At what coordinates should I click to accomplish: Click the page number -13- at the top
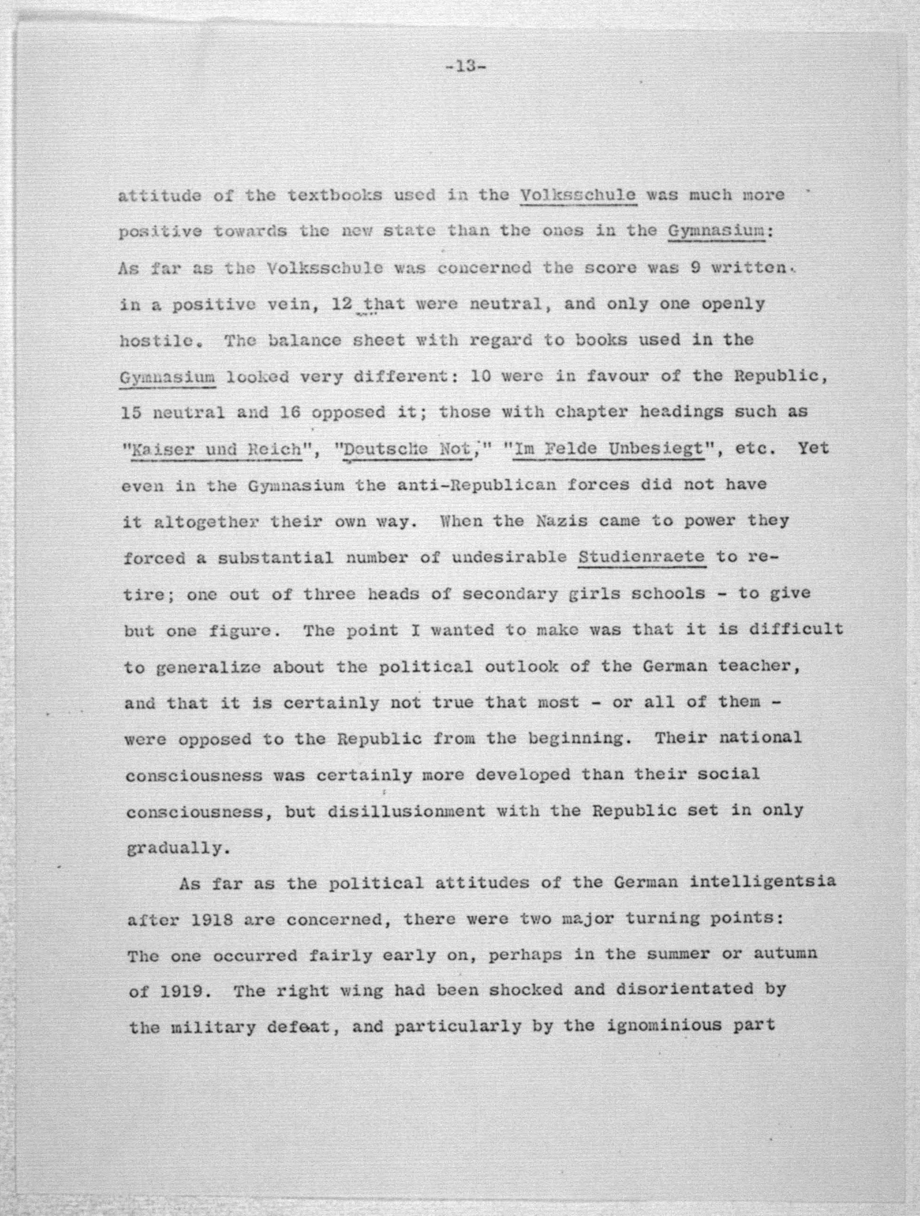pos(465,67)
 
